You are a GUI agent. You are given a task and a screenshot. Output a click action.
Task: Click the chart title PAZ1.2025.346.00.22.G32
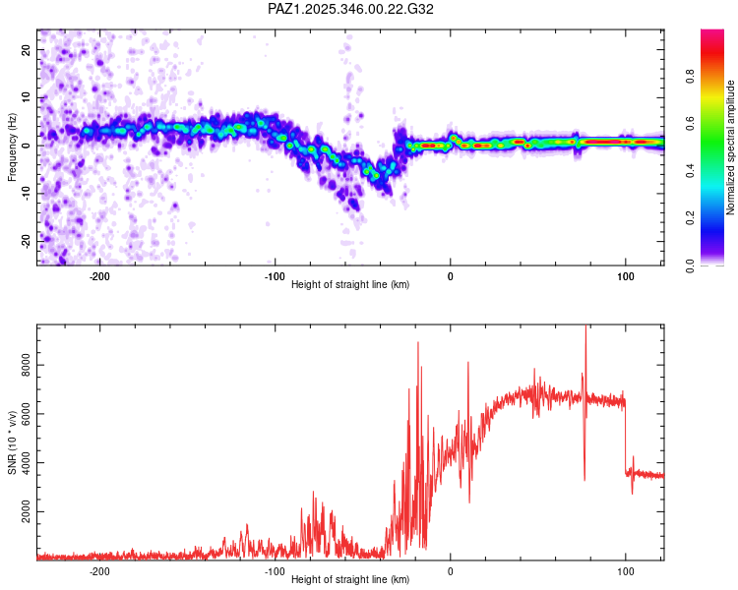pos(350,9)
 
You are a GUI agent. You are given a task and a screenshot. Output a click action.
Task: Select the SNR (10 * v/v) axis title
pos(13,442)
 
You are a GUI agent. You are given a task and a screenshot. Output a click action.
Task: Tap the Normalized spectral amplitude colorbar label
pos(730,148)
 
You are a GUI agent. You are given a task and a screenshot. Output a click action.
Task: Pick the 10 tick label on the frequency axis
pos(27,97)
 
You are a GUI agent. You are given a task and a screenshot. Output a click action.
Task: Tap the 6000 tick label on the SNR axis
pos(27,414)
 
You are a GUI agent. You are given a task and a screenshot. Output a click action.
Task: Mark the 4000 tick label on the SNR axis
pos(27,463)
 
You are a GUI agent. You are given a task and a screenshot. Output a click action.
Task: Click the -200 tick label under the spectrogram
pos(98,276)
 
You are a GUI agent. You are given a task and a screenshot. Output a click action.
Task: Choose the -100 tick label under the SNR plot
pos(275,570)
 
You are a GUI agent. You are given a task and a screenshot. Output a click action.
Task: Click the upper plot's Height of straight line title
pos(350,285)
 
